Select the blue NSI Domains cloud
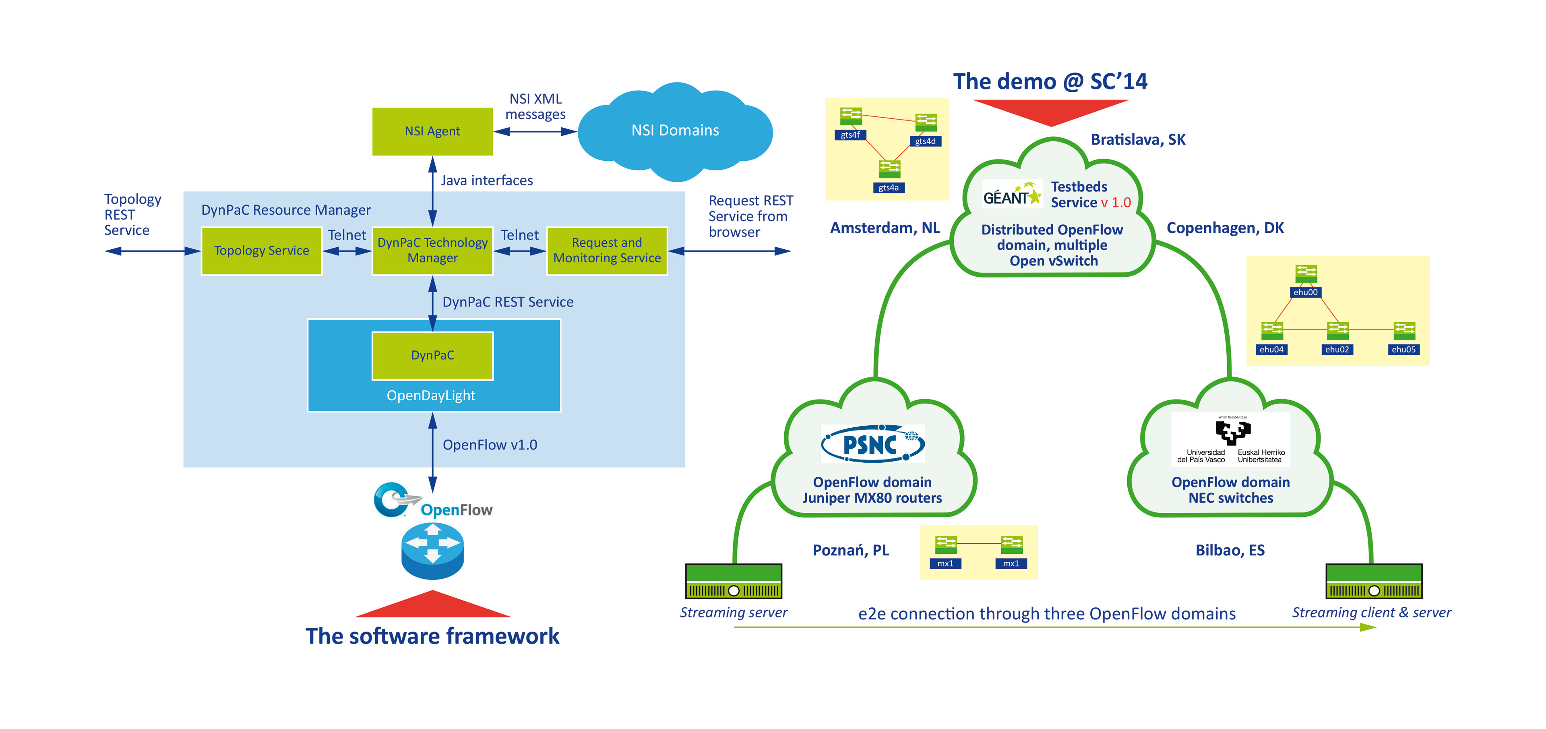tap(675, 131)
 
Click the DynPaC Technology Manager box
tap(432, 251)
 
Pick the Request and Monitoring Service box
tap(607, 251)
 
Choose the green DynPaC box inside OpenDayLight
tap(432, 356)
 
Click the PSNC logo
tap(872, 444)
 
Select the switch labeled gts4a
tap(889, 169)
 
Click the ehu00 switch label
tap(1305, 292)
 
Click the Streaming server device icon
tap(734, 581)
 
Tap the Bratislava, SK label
tap(1138, 140)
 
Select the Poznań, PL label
tap(850, 551)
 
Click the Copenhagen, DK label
tap(1225, 228)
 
